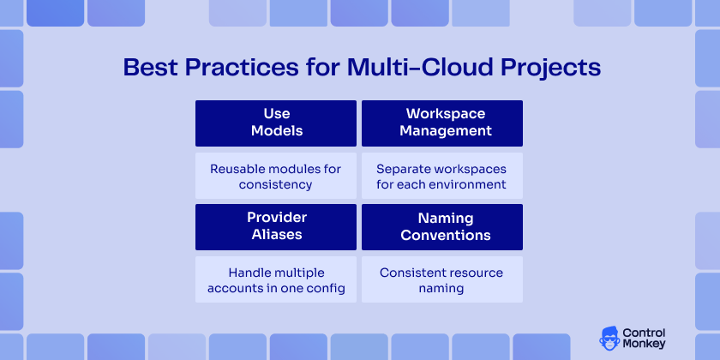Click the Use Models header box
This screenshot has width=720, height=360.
tap(276, 123)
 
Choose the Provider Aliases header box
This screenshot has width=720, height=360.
tap(276, 226)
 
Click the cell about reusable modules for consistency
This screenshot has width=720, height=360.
tap(276, 177)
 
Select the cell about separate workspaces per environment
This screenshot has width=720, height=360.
tap(442, 177)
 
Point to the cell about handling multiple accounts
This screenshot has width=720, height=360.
tap(276, 280)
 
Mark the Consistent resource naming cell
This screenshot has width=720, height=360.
tap(442, 280)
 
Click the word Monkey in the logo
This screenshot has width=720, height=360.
tap(645, 345)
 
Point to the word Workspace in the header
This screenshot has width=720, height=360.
tap(446, 114)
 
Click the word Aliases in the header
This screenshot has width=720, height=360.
tap(277, 235)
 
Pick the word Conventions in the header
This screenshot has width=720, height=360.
tap(446, 235)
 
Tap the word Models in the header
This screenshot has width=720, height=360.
tap(277, 131)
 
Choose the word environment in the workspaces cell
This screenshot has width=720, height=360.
tap(471, 184)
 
